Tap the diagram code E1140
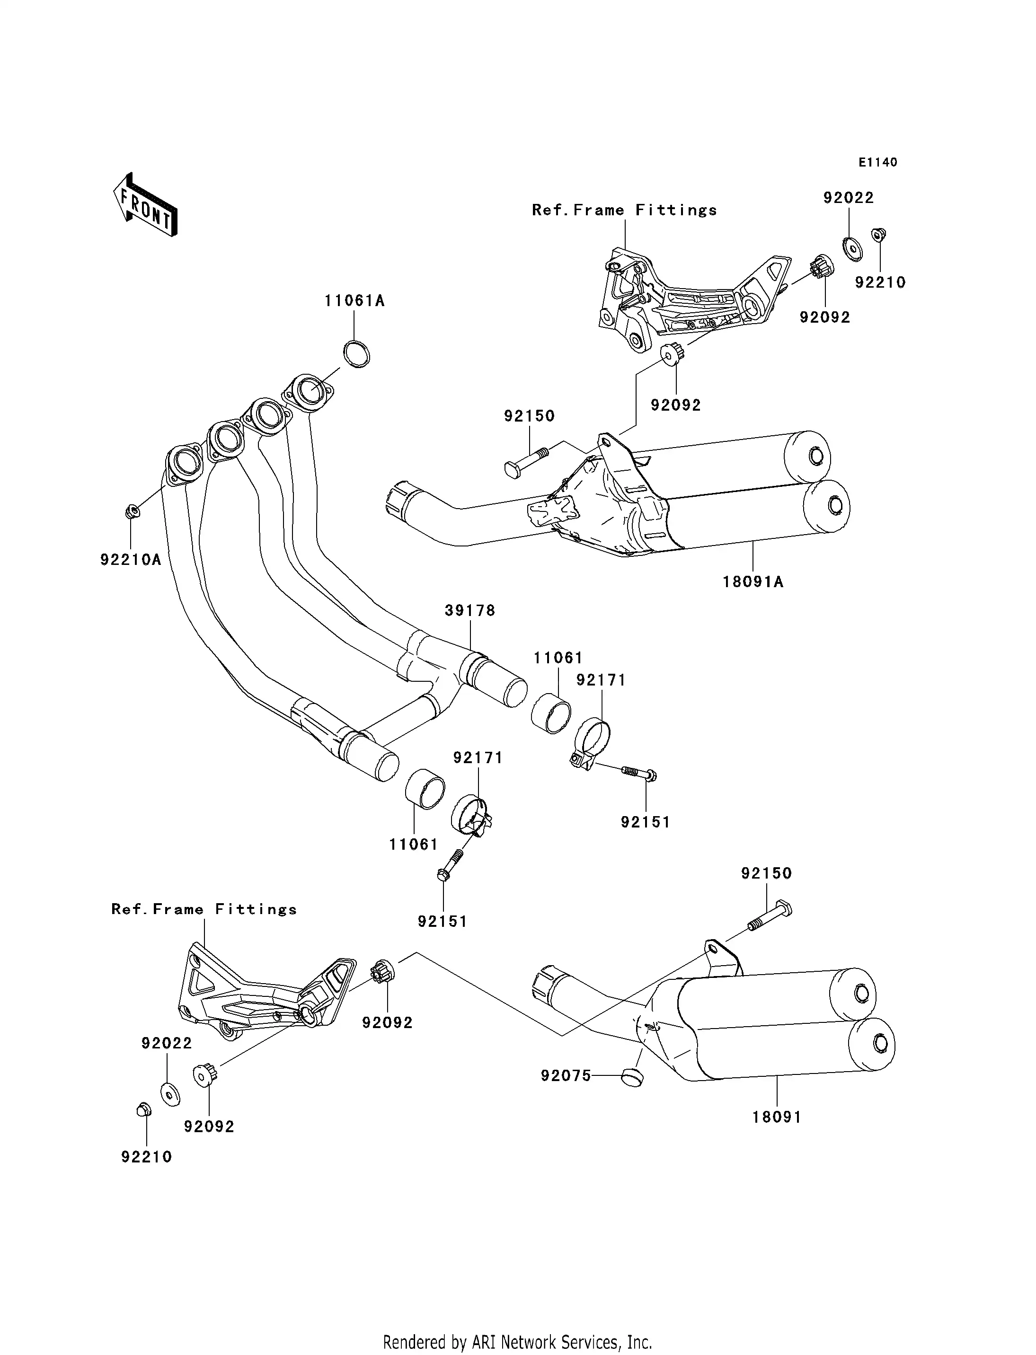[x=877, y=162]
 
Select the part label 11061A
[x=354, y=301]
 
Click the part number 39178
[x=470, y=610]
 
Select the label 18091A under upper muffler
[x=753, y=582]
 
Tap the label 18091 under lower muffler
[x=776, y=1117]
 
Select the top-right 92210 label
[x=880, y=282]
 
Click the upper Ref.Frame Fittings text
[x=624, y=210]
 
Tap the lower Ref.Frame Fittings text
[x=204, y=909]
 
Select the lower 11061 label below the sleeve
[x=413, y=845]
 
